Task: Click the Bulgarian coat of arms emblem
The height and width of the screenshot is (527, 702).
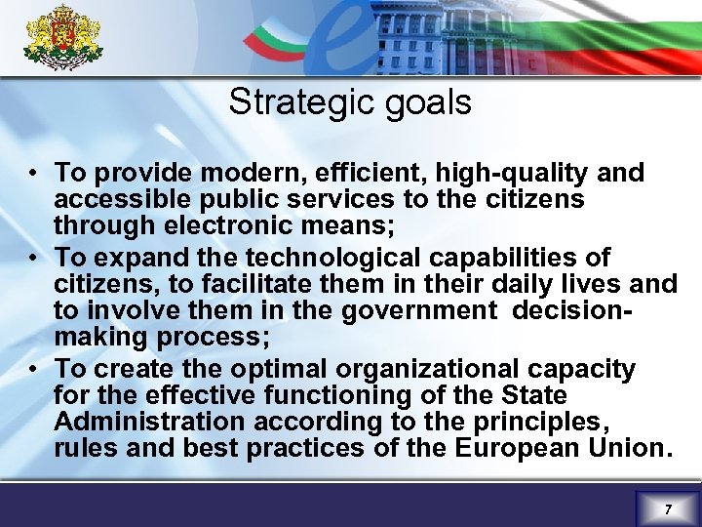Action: [62, 38]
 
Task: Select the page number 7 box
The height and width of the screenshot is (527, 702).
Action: [667, 508]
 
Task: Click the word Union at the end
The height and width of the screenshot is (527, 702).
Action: [633, 448]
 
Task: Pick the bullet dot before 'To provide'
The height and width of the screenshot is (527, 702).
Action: [33, 174]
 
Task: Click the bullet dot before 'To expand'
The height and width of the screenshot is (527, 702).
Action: [33, 258]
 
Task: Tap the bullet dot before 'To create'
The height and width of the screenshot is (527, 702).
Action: [33, 369]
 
